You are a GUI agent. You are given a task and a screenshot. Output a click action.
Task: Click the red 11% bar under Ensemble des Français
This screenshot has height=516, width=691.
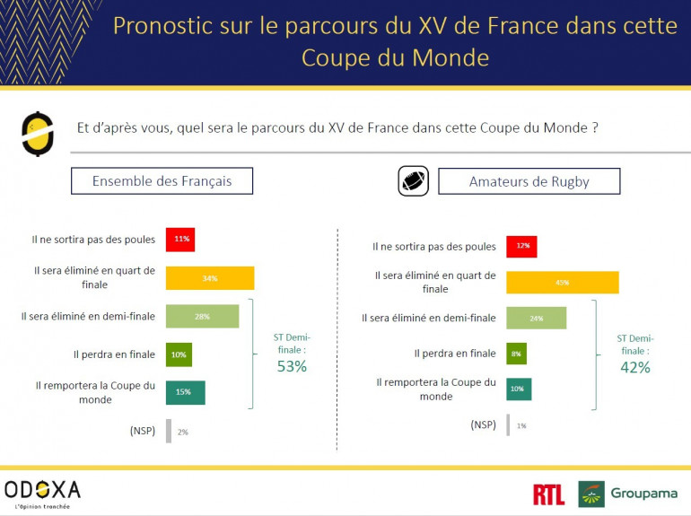tap(179, 240)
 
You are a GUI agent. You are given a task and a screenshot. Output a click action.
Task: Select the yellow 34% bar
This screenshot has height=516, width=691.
tap(210, 278)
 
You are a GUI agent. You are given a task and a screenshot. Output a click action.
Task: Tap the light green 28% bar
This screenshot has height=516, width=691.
tap(202, 317)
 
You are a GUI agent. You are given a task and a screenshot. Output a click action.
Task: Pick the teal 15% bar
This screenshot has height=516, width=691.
tap(185, 393)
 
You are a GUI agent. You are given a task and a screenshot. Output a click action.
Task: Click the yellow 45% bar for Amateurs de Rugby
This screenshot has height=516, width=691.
tap(562, 282)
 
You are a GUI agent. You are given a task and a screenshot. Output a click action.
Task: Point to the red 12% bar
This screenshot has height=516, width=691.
tap(521, 246)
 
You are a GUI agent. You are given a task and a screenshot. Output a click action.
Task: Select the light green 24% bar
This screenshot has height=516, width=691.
tap(536, 318)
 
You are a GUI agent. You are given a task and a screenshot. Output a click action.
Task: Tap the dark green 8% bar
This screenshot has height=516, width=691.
tap(516, 354)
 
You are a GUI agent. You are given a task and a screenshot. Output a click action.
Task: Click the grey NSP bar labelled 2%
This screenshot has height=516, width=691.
tap(168, 432)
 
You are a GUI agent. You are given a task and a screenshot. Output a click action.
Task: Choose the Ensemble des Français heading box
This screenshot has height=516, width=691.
tap(162, 181)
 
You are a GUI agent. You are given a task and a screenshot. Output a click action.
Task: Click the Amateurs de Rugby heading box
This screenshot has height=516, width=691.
tap(529, 181)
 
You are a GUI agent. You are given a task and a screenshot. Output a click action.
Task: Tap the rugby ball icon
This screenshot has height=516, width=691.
tap(413, 181)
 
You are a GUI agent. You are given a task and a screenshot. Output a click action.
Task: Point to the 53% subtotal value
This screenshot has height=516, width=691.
tap(291, 366)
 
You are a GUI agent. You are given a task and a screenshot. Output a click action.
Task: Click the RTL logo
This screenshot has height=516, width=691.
tap(548, 494)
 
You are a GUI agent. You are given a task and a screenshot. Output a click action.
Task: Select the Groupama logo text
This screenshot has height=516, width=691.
tap(643, 494)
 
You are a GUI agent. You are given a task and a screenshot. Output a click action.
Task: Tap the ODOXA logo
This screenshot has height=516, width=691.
tap(42, 490)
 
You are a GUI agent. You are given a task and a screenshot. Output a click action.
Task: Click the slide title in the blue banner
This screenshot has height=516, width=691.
tap(395, 41)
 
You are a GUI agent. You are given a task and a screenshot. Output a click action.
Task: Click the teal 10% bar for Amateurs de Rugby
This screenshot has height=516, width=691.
tap(519, 389)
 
